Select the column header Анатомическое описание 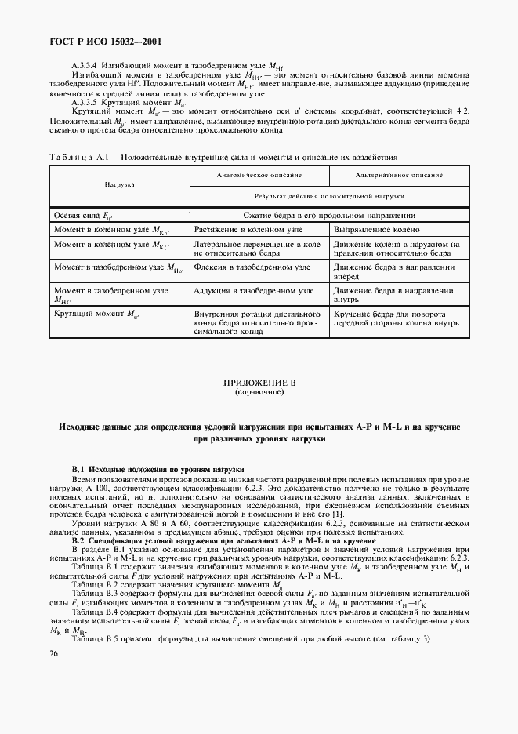259,176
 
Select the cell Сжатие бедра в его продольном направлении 329,215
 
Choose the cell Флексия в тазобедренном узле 252,267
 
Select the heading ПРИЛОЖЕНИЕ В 259,382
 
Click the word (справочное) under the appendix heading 259,391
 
